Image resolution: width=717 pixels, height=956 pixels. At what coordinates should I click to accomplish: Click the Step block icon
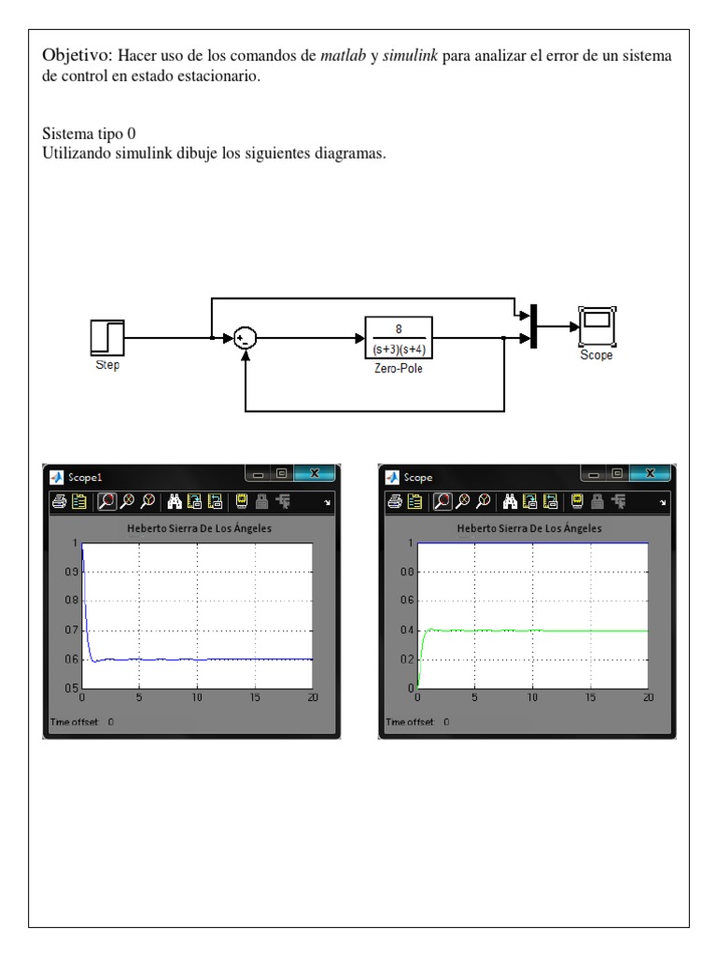107,337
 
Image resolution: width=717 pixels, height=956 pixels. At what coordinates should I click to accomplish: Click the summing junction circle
245,338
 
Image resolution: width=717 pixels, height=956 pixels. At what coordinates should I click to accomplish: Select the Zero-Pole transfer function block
399,338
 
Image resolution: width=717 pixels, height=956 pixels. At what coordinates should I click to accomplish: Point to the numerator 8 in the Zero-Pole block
399,328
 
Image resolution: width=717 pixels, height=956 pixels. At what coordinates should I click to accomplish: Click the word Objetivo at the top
75,57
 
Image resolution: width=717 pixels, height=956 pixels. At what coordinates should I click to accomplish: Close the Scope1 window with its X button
314,474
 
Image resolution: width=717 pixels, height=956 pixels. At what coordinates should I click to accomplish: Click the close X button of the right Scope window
650,474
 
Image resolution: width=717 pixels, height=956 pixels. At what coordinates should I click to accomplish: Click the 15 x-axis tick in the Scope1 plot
255,697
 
